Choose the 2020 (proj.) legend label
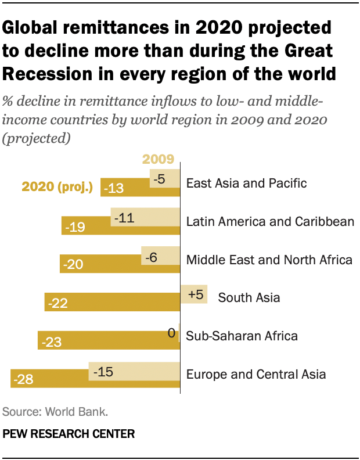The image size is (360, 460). [x=58, y=186]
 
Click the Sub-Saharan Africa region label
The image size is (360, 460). [x=242, y=336]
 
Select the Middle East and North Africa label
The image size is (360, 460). [x=269, y=259]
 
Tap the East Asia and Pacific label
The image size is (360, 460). [x=246, y=183]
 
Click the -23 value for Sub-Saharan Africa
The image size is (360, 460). [x=51, y=342]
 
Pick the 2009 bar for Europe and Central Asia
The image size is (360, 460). [x=134, y=371]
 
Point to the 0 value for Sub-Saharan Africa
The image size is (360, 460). [x=171, y=333]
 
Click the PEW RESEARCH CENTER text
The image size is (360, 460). [x=69, y=433]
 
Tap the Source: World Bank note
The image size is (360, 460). [x=55, y=412]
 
